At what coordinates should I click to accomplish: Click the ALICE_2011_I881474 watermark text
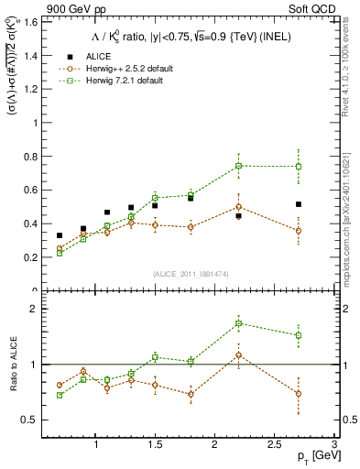click(x=191, y=274)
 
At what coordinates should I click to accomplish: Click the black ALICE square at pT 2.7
click(x=299, y=204)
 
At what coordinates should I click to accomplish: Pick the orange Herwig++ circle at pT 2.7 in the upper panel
click(x=299, y=231)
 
